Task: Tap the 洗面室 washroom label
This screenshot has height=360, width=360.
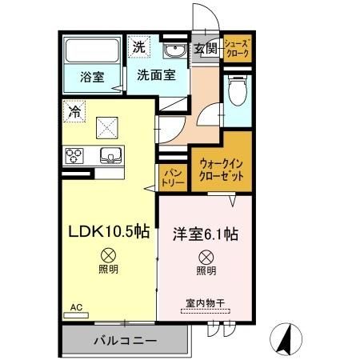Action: tap(151, 78)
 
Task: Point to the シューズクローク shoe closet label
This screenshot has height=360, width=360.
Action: tap(237, 47)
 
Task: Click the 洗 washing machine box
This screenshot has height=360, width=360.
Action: tap(139, 46)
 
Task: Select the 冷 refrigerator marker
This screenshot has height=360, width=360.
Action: tap(74, 111)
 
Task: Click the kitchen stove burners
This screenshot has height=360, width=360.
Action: tap(75, 154)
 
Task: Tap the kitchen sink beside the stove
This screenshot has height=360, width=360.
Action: tap(109, 154)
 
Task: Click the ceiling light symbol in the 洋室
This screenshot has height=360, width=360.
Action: tap(206, 257)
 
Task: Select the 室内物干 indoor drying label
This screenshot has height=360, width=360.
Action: tap(206, 303)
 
